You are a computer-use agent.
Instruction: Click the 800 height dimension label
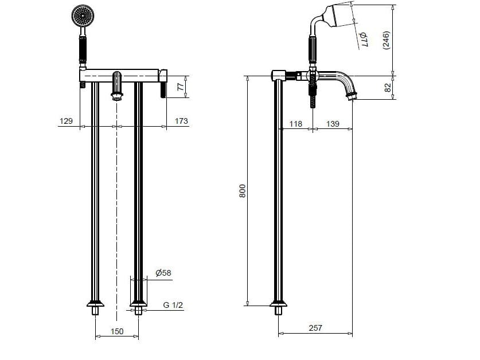click(241, 190)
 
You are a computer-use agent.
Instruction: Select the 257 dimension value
click(315, 328)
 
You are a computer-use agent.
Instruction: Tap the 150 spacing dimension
click(117, 331)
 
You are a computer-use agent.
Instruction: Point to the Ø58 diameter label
click(163, 273)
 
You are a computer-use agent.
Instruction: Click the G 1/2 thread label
click(173, 305)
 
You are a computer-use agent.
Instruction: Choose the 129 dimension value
click(66, 121)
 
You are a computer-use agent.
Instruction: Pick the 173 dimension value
click(181, 121)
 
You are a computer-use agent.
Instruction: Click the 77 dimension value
click(179, 87)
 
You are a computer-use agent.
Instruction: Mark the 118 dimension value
click(295, 124)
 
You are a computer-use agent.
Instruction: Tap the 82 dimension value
click(387, 88)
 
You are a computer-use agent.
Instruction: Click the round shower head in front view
click(81, 15)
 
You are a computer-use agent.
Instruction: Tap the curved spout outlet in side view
click(351, 95)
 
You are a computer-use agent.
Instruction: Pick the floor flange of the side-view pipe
click(278, 304)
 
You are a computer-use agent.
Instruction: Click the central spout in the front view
click(117, 86)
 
